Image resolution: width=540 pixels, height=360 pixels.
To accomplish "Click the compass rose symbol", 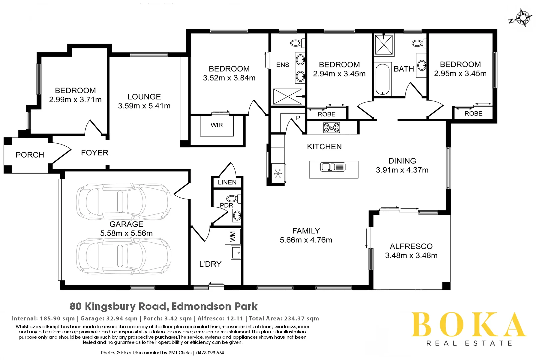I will pyautogui.click(x=522, y=18).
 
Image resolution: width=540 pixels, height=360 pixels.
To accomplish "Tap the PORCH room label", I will pyautogui.click(x=30, y=155).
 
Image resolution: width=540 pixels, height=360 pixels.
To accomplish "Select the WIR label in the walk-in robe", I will pyautogui.click(x=217, y=125).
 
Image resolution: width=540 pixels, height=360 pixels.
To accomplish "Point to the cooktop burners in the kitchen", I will pyautogui.click(x=331, y=128).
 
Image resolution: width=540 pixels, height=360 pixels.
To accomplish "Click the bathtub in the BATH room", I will pyautogui.click(x=382, y=79).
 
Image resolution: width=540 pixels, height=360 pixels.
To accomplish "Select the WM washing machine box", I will pyautogui.click(x=233, y=237).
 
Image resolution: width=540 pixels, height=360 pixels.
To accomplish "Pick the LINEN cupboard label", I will pyautogui.click(x=227, y=182).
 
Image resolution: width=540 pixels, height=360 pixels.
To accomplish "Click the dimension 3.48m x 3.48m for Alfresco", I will pyautogui.click(x=411, y=256).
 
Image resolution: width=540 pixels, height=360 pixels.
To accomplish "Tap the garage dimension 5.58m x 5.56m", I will pyautogui.click(x=126, y=233).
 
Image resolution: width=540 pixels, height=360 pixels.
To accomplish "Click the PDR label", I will pyautogui.click(x=226, y=205).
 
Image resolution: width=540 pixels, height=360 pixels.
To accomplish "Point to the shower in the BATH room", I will pyautogui.click(x=384, y=44).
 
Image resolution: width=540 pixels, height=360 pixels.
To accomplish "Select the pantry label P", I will pyautogui.click(x=298, y=118).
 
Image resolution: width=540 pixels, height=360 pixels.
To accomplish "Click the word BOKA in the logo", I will pyautogui.click(x=468, y=325).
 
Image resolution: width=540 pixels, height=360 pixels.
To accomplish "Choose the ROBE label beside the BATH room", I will pyautogui.click(x=326, y=114).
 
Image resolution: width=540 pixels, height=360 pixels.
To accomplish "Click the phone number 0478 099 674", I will pyautogui.click(x=210, y=353).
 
